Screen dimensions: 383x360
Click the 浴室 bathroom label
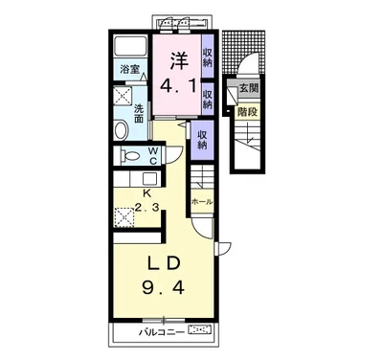click(130, 69)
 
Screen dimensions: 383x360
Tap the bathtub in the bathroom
click(130, 46)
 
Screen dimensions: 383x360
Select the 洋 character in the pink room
click(178, 60)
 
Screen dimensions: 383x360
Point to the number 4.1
click(178, 85)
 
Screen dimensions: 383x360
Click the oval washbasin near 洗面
click(121, 129)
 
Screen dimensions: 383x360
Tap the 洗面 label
click(139, 113)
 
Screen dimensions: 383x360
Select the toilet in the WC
click(130, 156)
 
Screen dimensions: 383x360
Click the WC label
click(153, 156)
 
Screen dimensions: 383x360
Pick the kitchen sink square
click(149, 178)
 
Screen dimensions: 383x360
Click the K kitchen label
click(146, 193)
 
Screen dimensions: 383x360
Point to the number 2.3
click(146, 209)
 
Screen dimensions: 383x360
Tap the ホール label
click(202, 202)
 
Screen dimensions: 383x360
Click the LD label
click(164, 264)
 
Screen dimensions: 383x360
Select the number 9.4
click(163, 288)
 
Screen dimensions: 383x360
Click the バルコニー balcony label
click(162, 332)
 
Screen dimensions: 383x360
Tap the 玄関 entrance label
click(249, 88)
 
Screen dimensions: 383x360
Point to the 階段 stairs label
click(247, 112)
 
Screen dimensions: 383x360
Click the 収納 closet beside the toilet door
click(202, 141)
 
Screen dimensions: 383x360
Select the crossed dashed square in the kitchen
click(124, 217)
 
